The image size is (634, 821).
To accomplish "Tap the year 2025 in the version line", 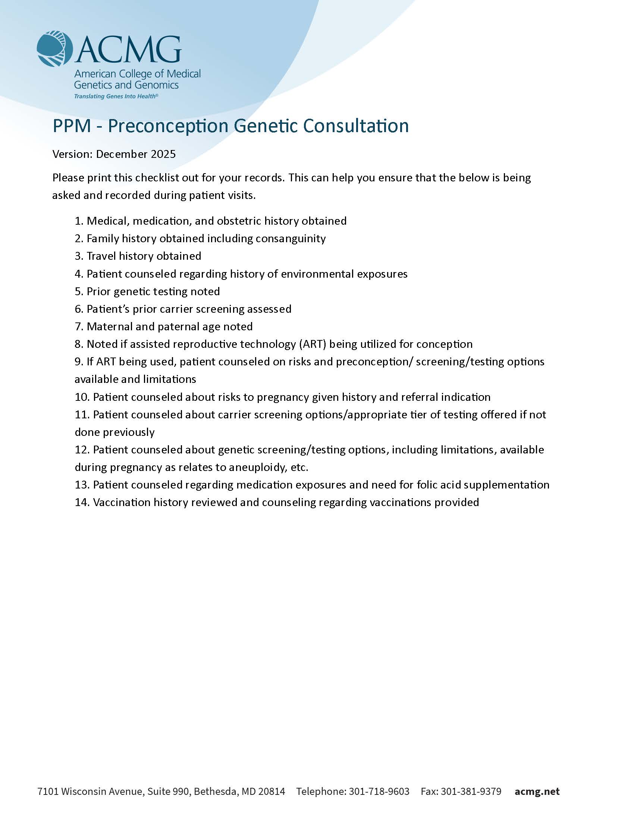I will (163, 154).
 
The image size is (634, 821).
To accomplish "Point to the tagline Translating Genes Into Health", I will (116, 96).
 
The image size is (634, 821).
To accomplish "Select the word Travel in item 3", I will (101, 256).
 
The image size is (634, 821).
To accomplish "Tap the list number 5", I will (78, 291).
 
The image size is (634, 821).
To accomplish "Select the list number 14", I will (82, 502).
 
